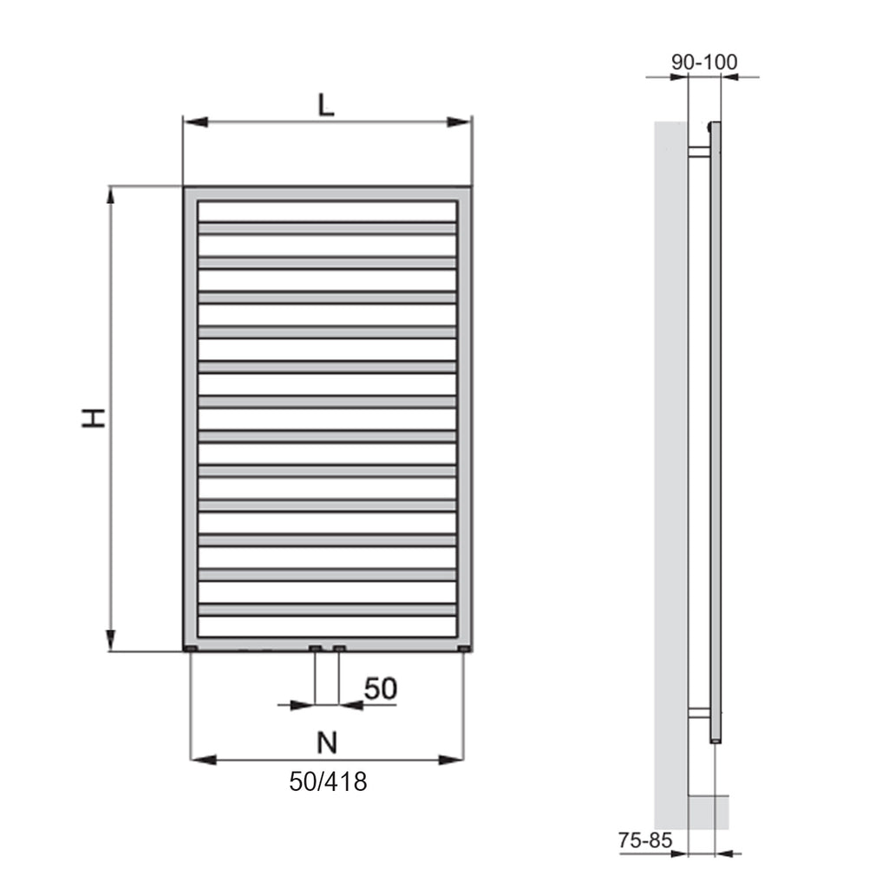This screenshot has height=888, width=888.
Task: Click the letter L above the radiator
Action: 325,105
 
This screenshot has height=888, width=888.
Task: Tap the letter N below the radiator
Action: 326,742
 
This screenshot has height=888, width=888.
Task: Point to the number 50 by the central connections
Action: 380,689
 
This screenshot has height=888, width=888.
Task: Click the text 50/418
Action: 328,781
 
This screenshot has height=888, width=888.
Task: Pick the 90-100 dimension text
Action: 704,62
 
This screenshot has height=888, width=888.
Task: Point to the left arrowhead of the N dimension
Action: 202,761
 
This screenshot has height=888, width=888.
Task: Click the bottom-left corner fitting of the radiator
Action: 191,649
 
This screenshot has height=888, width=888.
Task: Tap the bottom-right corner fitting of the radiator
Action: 465,649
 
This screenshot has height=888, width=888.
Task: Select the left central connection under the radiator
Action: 316,649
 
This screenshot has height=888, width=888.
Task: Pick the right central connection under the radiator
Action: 339,649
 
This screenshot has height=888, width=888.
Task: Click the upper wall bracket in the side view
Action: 698,152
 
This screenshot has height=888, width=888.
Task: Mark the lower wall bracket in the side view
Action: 698,713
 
